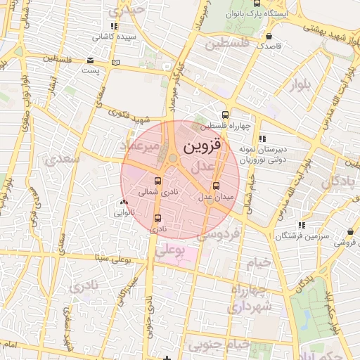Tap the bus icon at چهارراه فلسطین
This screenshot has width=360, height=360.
pyautogui.click(x=225, y=115)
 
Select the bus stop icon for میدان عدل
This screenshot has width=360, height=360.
pyautogui.click(x=215, y=186)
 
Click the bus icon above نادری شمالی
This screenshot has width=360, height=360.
pyautogui.click(x=156, y=181)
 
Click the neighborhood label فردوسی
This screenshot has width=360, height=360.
pyautogui.click(x=219, y=234)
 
